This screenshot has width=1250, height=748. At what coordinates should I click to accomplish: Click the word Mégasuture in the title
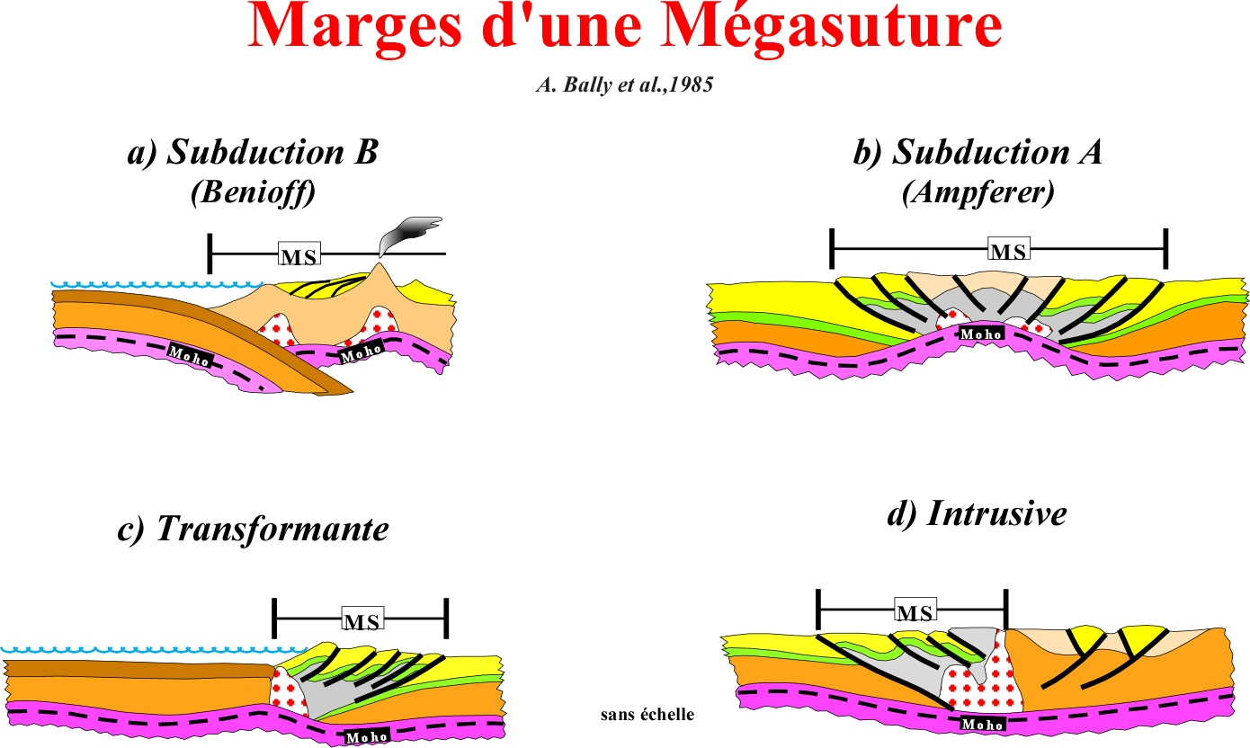[832, 29]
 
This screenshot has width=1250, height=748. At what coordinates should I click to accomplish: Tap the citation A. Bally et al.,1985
[625, 85]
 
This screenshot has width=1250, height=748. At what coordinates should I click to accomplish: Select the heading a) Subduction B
[254, 152]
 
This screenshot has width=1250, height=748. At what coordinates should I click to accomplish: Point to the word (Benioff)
[254, 193]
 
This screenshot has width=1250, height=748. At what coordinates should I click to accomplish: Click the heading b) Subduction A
[978, 152]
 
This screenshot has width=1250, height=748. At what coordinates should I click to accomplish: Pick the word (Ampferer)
[978, 193]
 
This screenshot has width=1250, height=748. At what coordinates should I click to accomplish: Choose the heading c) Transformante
[254, 528]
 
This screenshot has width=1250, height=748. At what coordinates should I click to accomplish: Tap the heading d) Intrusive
[978, 513]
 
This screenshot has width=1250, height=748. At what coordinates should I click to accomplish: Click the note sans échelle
[647, 714]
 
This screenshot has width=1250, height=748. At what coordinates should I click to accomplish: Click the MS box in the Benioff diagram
[299, 254]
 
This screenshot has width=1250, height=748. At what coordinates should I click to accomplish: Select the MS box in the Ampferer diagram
[1009, 249]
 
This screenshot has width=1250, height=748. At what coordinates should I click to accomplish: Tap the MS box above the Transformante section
[362, 619]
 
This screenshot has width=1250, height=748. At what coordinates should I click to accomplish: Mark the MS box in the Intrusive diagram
[915, 610]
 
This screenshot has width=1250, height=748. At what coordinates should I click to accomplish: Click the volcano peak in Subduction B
[380, 263]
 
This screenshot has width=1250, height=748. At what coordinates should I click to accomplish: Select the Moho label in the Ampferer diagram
[981, 334]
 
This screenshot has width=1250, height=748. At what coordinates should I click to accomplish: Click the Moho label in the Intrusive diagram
[982, 724]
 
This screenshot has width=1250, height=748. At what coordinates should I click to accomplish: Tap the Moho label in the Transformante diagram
[367, 737]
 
